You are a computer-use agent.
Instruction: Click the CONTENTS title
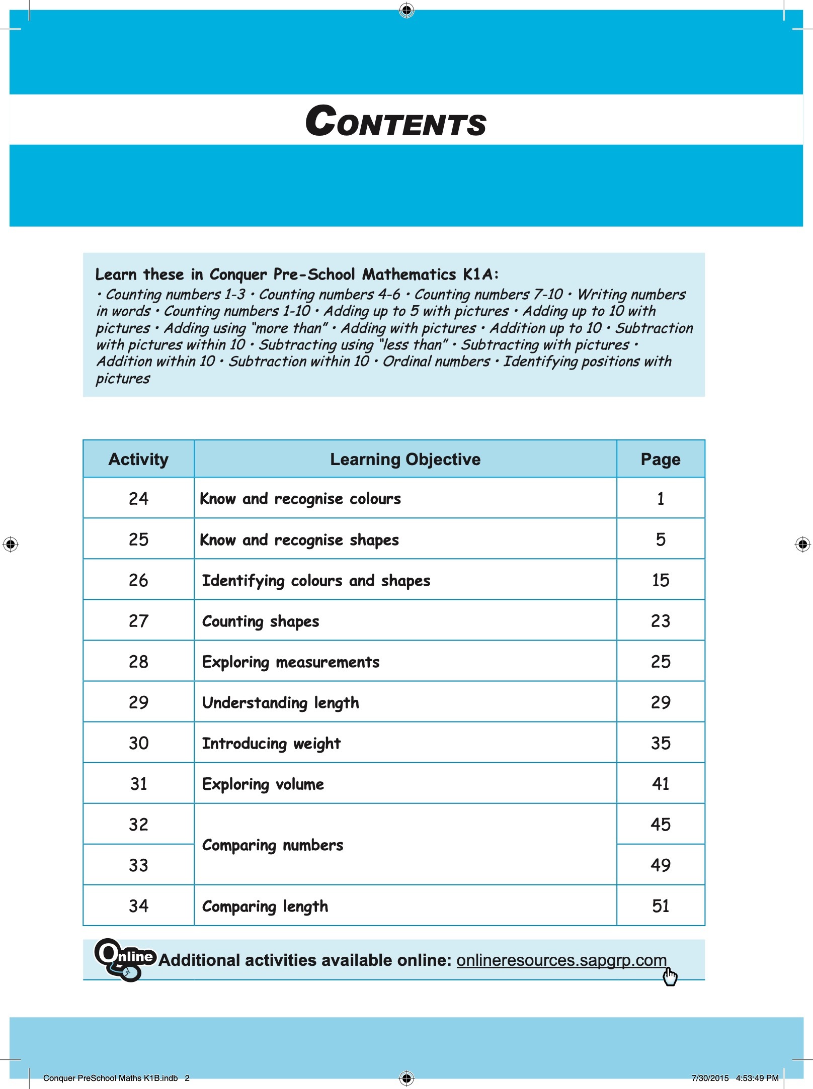(x=396, y=122)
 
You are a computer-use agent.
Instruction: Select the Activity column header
(x=138, y=459)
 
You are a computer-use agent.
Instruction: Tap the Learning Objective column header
(x=405, y=459)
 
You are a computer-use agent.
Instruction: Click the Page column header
(x=660, y=459)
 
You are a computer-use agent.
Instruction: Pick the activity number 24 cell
(x=138, y=499)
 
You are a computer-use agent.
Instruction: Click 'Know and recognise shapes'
(x=299, y=540)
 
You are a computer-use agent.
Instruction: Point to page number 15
(x=660, y=580)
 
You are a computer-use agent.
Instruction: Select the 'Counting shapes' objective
(x=261, y=621)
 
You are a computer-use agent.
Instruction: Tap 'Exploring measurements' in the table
(x=291, y=662)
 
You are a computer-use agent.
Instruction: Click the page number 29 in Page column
(x=660, y=702)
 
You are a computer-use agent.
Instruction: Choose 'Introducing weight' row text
(x=271, y=744)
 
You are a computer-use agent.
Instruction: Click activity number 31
(x=138, y=784)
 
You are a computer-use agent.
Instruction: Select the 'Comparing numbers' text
(x=273, y=845)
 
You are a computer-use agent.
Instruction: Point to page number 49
(x=660, y=865)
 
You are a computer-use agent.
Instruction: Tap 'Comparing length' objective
(x=265, y=906)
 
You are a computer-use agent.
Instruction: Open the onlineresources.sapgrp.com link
(x=561, y=960)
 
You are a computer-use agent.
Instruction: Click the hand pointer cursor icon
(x=670, y=977)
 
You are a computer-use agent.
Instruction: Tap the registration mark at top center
(x=406, y=10)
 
